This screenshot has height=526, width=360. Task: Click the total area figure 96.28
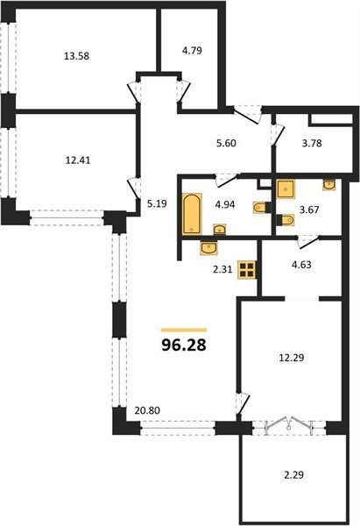pos(184,345)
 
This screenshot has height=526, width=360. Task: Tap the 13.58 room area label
pos(77,56)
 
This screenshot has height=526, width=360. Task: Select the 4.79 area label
pos(192,51)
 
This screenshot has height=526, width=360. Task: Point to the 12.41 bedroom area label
pos(77,160)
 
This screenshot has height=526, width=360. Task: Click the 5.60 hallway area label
pos(226,143)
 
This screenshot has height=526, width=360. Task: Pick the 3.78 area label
pos(312,143)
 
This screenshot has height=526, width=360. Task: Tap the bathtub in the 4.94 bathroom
pos(192,213)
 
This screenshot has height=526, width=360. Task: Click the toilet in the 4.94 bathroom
pos(261,208)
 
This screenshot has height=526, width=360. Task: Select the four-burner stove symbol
pos(247,270)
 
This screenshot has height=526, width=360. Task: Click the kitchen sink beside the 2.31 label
pos(208,248)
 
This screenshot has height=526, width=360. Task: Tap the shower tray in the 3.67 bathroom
pos(286,188)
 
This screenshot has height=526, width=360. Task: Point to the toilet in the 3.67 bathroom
pos(286,220)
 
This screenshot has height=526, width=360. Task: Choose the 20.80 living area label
pos(147,410)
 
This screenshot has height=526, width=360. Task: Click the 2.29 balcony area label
pos(293,475)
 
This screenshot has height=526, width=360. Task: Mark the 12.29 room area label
pos(292,358)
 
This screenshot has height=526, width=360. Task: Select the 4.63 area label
pos(301,265)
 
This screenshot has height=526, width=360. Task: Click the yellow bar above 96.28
pos(184,331)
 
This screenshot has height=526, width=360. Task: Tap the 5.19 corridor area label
pos(157,203)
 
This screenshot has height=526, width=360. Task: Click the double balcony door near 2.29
pos(289,426)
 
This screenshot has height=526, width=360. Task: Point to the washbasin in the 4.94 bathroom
pos(220,229)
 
